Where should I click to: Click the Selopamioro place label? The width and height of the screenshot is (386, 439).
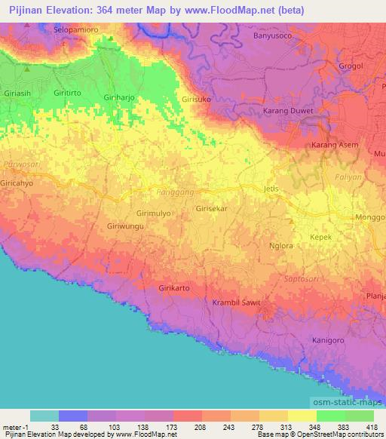77,29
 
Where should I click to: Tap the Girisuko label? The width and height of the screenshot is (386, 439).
197,99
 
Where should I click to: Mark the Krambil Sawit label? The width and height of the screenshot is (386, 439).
241,302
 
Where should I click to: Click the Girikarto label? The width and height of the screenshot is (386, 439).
174,288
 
